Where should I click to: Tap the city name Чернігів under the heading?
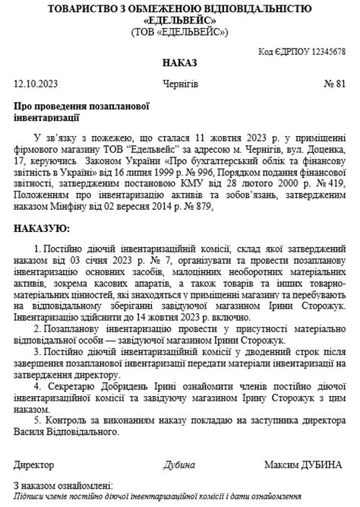click(x=180, y=83)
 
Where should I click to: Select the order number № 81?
click(x=335, y=83)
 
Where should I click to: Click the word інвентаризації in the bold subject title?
click(x=46, y=118)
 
